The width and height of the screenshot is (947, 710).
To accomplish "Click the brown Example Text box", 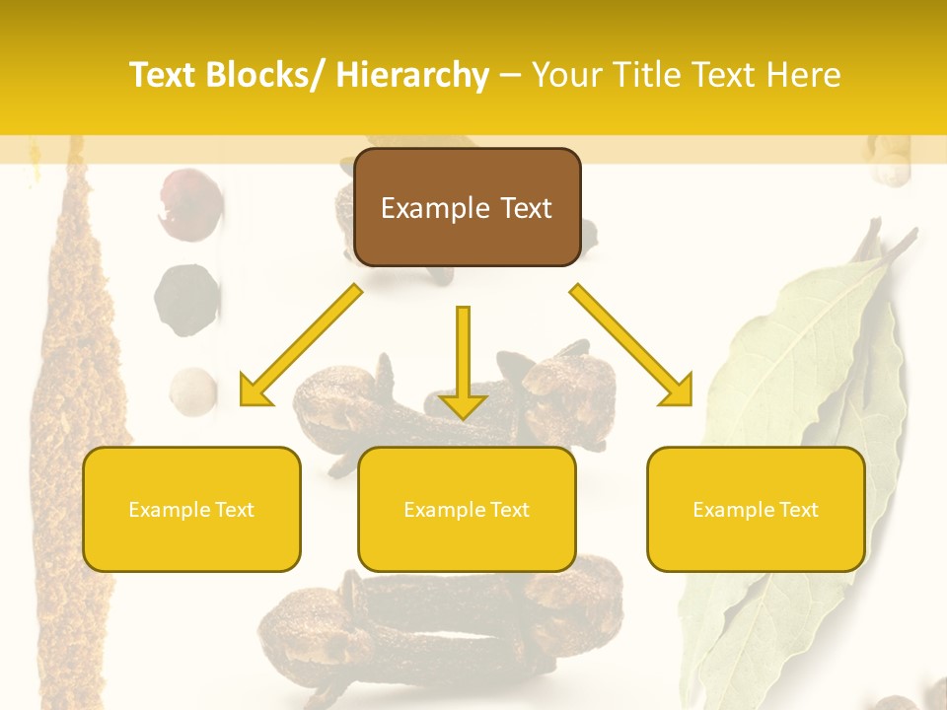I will pyautogui.click(x=467, y=208).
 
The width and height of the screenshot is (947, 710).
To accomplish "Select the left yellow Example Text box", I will pyautogui.click(x=191, y=509).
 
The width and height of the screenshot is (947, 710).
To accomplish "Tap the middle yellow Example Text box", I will pyautogui.click(x=467, y=509).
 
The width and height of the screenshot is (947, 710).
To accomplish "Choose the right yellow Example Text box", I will pyautogui.click(x=756, y=509).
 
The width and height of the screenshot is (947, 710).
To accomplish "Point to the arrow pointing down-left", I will pyautogui.click(x=301, y=346).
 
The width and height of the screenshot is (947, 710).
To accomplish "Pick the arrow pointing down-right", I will pyautogui.click(x=632, y=346).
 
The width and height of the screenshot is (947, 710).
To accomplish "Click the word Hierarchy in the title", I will pyautogui.click(x=412, y=75).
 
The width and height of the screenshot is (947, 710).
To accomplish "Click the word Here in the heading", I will pyautogui.click(x=804, y=75).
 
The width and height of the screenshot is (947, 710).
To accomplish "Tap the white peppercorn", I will pyautogui.click(x=193, y=390).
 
